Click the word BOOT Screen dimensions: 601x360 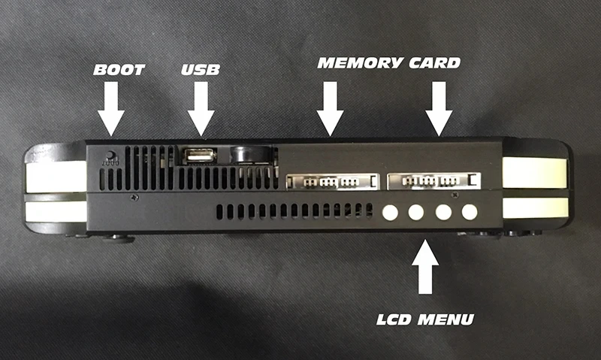119,69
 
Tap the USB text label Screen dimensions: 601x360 201,69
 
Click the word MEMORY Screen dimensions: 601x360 360,63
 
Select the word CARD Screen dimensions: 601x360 434,63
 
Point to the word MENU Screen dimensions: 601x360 445,319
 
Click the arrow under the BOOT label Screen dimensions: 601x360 110,109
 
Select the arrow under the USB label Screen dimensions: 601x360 201,109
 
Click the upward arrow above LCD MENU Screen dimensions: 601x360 425,267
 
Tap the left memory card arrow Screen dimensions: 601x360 330,109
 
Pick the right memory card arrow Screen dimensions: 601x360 439,109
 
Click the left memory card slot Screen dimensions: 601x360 333,181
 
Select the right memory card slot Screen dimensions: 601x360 434,181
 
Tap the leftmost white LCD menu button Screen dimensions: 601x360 390,213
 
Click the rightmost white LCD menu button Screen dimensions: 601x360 470,212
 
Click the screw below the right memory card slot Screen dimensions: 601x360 455,195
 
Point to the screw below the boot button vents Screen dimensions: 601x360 134,198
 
